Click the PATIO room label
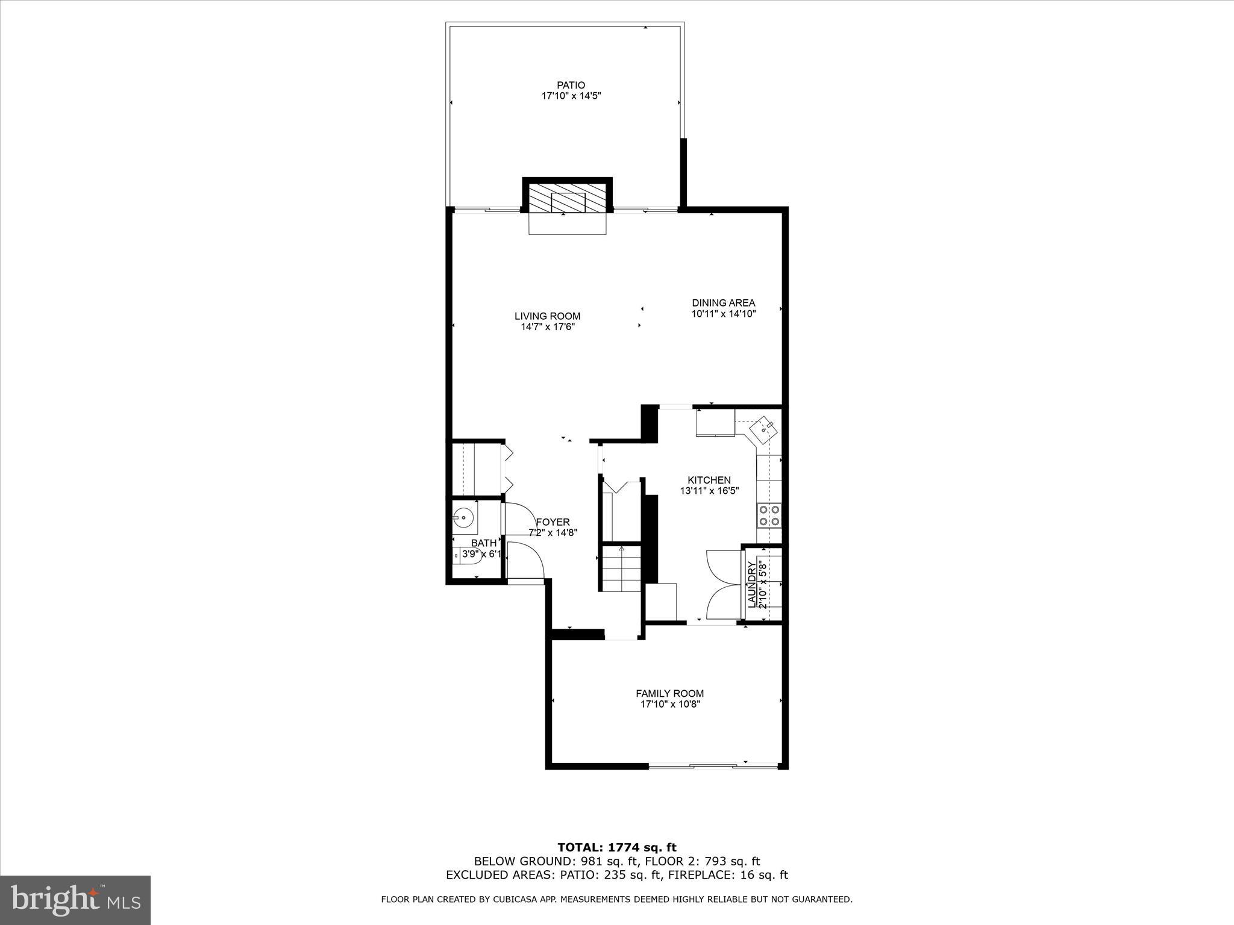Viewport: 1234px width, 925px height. (571, 86)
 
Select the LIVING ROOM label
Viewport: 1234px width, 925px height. (547, 316)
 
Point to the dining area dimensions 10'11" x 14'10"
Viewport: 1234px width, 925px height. (723, 314)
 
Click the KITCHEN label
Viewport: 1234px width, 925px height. (709, 480)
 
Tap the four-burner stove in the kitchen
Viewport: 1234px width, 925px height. (769, 515)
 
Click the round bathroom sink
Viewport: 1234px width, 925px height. (463, 517)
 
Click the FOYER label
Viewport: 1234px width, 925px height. (553, 522)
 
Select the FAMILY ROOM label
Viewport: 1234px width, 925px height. (669, 693)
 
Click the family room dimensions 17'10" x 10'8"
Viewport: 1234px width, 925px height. (669, 704)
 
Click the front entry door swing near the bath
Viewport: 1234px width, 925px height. (525, 560)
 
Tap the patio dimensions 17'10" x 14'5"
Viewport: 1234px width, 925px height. (571, 96)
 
